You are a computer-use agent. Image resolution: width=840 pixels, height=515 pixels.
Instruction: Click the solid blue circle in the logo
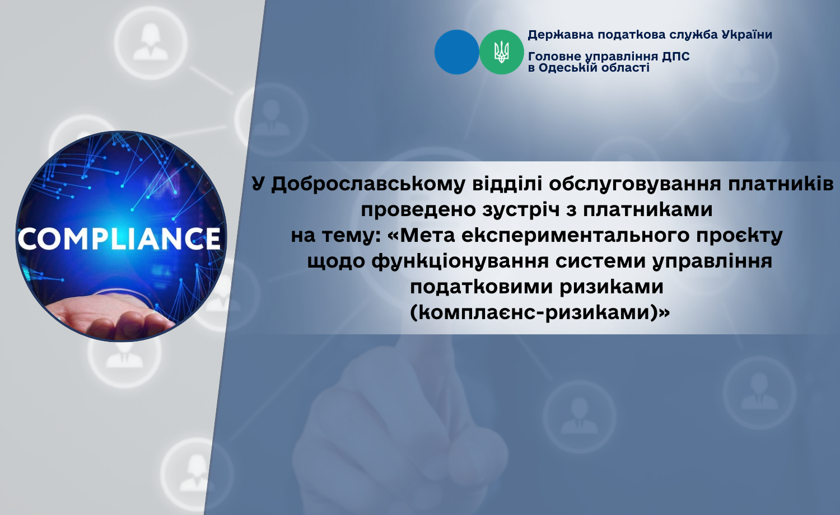[456, 52]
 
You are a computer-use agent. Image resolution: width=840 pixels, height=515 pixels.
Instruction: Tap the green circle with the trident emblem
[501, 52]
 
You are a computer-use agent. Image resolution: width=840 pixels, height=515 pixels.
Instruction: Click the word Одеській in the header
[568, 68]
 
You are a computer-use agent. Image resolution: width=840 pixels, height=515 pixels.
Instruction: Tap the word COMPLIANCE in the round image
[120, 238]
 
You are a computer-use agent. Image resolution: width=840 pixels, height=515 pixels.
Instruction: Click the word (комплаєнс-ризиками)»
[539, 312]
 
